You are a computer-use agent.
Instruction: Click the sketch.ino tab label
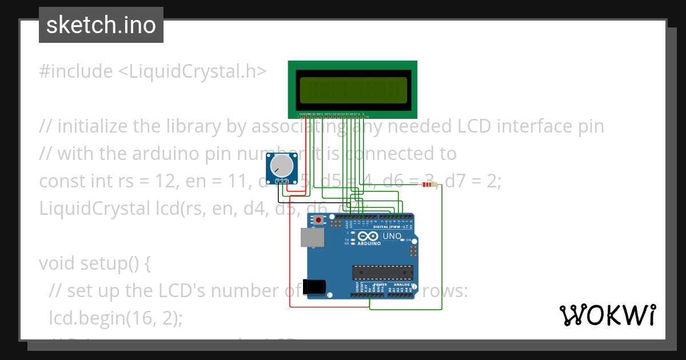coord(101,25)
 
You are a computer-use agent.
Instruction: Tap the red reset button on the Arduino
coord(318,220)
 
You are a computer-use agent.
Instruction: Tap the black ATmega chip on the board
coord(382,273)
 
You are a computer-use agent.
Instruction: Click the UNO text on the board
coord(392,235)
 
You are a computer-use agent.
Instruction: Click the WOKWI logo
coord(608,315)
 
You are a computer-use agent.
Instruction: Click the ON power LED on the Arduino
coord(410,240)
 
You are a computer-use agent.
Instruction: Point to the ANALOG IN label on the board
coord(404,284)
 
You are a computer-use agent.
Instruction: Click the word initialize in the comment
coord(93,126)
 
